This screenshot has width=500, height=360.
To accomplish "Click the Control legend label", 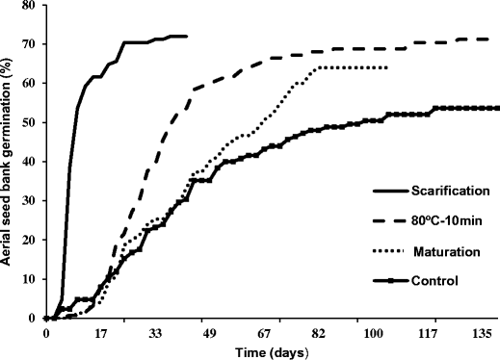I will point(418,281).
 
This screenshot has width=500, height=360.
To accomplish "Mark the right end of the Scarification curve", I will point(186,37).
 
